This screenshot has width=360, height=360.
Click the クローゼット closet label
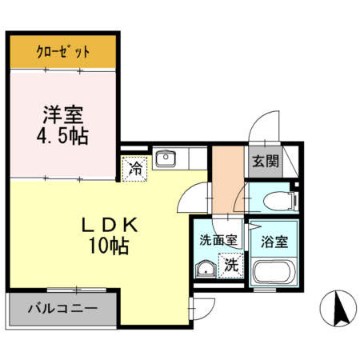[x=63, y=54]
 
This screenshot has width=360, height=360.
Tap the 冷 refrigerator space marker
[x=135, y=169]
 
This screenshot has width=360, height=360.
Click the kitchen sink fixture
[x=166, y=158]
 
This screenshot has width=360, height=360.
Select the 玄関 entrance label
[x=265, y=160]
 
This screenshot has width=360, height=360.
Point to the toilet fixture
[x=272, y=198]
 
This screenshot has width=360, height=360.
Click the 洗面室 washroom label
[x=218, y=239]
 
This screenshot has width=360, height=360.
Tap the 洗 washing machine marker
[x=231, y=263]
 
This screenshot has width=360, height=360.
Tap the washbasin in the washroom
[x=206, y=268]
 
